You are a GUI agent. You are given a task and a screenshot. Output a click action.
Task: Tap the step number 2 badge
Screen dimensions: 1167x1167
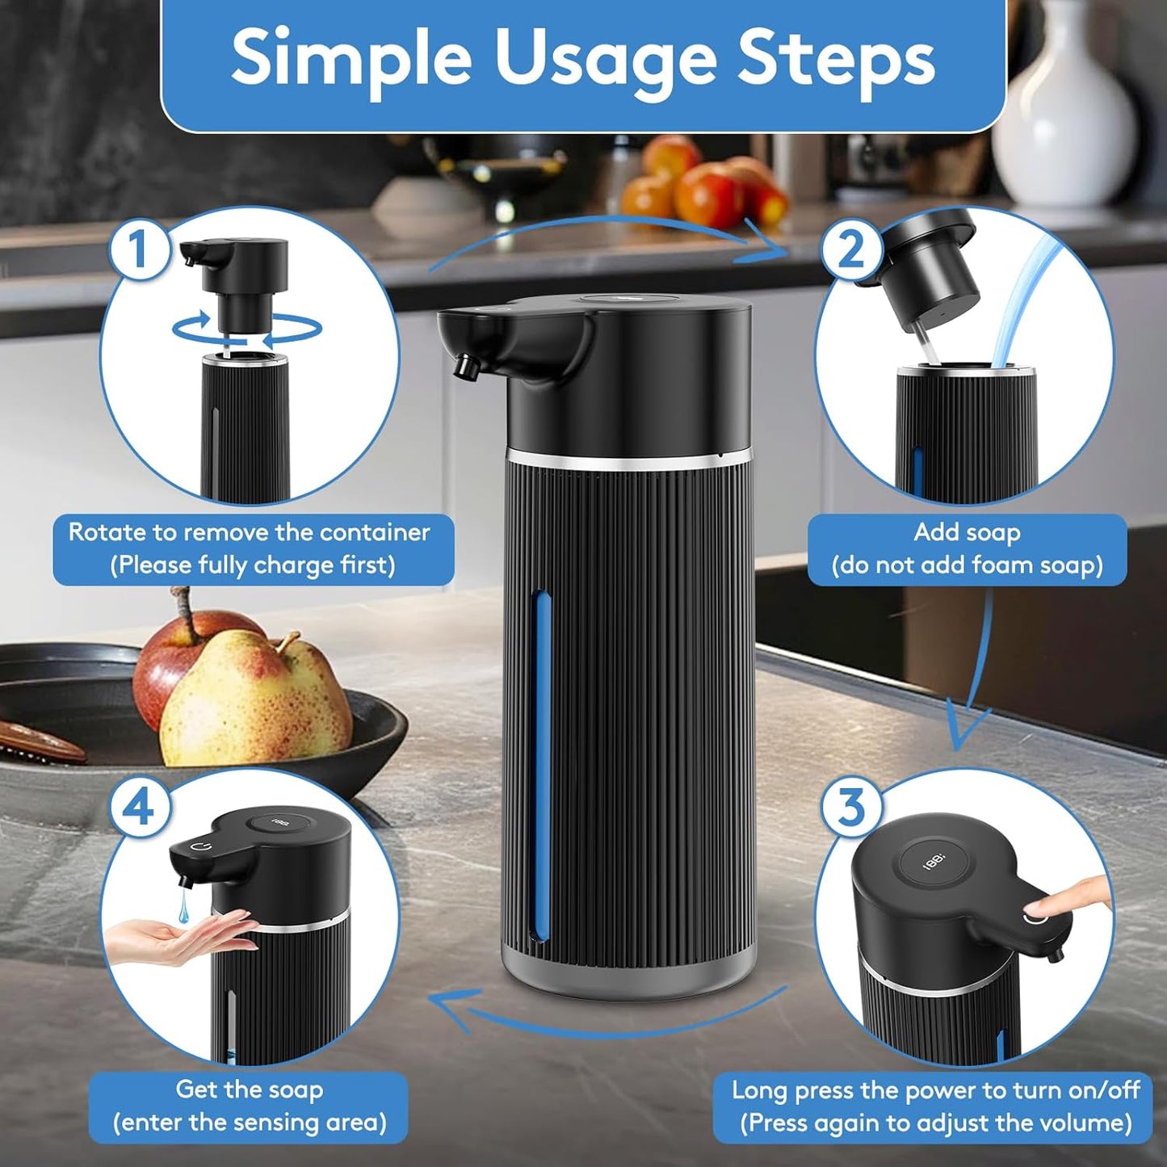pyautogui.click(x=850, y=249)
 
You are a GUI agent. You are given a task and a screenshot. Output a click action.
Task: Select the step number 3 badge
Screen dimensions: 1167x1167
pyautogui.click(x=851, y=806)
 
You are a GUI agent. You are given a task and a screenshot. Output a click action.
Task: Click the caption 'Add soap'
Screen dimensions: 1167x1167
pyautogui.click(x=967, y=532)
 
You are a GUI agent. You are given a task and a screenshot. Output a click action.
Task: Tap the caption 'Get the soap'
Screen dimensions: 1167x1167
pyautogui.click(x=249, y=1089)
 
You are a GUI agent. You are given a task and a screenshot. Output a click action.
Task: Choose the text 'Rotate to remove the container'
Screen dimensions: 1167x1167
pyautogui.click(x=249, y=532)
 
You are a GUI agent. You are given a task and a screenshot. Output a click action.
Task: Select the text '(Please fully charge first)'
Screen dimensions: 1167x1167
pyautogui.click(x=253, y=565)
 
